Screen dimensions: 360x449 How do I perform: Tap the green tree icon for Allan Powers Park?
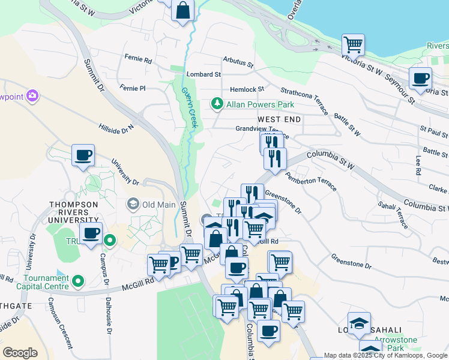[x=217, y=104]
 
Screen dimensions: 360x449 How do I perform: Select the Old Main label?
[x=158, y=205]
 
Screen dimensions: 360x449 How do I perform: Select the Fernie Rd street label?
[x=139, y=59]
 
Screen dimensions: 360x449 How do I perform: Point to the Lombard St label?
[x=203, y=74]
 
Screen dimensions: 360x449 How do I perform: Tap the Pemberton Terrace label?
[x=311, y=180]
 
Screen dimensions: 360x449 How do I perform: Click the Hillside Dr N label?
[x=117, y=128]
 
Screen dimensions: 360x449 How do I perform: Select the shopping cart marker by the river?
[x=353, y=44]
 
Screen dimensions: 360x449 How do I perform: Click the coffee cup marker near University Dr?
[x=83, y=155]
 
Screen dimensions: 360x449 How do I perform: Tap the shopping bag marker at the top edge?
[x=182, y=10]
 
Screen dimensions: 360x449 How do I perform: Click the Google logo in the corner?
[x=20, y=353]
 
